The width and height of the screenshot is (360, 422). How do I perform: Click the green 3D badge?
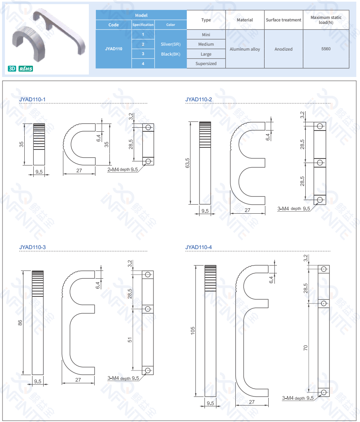point(12,69)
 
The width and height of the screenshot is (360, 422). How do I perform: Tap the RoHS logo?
point(26,69)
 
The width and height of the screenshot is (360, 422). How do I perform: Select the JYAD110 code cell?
point(114,49)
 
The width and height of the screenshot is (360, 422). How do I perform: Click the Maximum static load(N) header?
point(326,20)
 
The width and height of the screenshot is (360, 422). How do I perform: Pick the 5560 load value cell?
point(326,49)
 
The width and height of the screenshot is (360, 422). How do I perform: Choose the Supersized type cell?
point(206,63)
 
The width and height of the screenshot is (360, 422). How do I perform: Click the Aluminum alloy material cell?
point(245,49)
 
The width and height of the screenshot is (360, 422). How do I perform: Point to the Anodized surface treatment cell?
point(283,49)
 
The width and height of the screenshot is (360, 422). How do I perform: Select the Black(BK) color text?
point(171,54)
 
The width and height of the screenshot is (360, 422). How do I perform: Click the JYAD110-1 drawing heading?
point(32,99)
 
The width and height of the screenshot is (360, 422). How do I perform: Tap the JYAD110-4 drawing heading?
point(198,247)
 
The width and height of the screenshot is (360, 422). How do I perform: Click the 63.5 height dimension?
point(187,163)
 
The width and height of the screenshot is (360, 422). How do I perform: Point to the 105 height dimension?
point(193,331)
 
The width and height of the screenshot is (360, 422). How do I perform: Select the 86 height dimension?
point(20,322)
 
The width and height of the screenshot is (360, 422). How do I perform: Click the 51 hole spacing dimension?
point(130,340)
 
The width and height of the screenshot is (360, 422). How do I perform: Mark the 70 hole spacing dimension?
point(305,348)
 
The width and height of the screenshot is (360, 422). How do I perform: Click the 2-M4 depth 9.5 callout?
point(123,170)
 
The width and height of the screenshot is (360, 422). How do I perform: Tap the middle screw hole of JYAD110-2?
point(320,163)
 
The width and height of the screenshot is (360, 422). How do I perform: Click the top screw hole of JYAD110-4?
point(324,269)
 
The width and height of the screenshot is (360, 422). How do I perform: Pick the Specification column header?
point(143,25)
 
